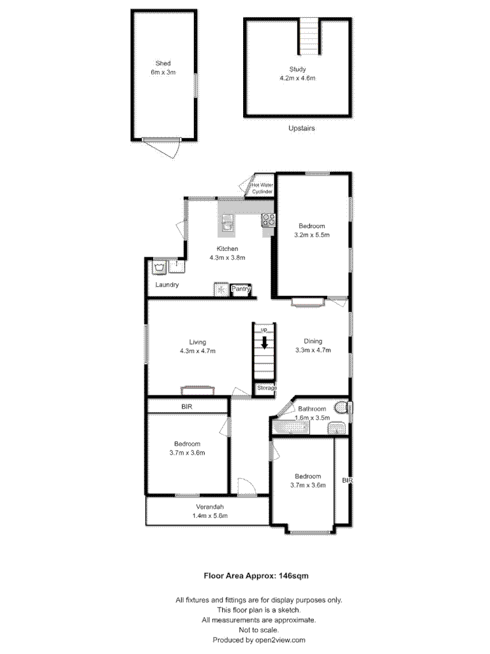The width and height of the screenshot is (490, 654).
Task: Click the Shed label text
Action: (x=163, y=63)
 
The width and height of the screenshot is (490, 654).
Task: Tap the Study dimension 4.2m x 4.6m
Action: (x=297, y=78)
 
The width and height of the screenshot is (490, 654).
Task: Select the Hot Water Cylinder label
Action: (x=262, y=188)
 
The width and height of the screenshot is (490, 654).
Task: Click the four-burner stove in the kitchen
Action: (x=268, y=220)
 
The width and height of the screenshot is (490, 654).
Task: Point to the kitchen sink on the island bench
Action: (x=227, y=224)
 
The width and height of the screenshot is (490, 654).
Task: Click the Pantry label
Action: (x=241, y=289)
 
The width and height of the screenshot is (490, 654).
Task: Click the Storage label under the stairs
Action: (x=267, y=388)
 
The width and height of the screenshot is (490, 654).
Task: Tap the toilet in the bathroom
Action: (x=342, y=407)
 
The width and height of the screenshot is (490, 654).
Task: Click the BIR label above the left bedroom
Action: (x=187, y=406)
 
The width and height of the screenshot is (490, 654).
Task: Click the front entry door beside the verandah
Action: (x=245, y=488)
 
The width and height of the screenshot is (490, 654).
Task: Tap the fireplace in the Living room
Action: (x=198, y=389)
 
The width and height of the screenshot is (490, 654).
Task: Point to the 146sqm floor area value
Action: (x=293, y=575)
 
